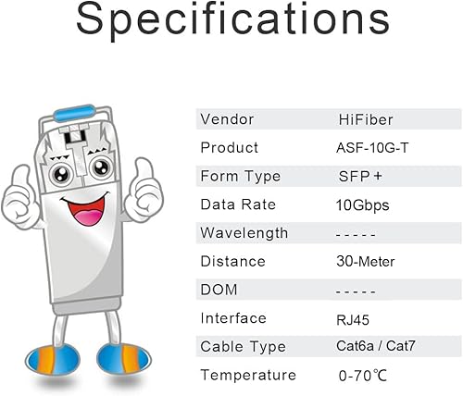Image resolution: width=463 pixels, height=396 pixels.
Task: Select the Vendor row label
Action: click(x=227, y=119)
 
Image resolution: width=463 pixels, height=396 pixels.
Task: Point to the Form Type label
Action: click(x=239, y=176)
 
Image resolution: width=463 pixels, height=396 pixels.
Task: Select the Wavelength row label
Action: click(x=244, y=233)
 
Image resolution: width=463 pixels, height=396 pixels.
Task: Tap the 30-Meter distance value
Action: click(x=368, y=262)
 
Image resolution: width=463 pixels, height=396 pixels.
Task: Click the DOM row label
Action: click(x=219, y=290)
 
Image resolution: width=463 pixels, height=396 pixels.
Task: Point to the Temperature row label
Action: click(x=248, y=375)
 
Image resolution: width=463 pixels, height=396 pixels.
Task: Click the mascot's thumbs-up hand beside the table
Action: click(x=146, y=185)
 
